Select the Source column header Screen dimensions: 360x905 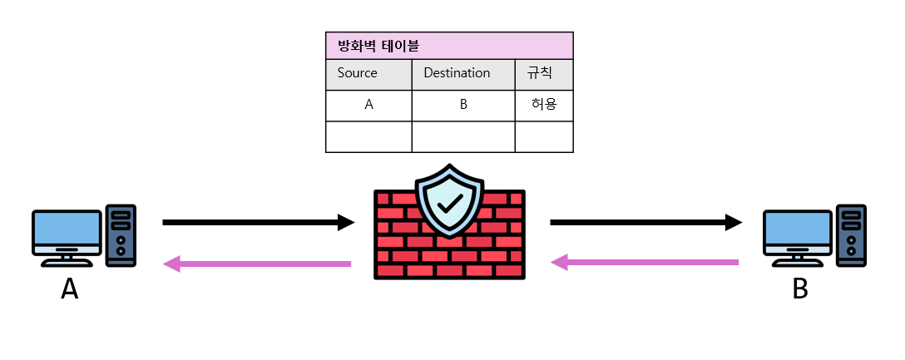coord(358,73)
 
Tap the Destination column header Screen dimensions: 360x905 coord(457,73)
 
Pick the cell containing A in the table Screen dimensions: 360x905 coord(368,106)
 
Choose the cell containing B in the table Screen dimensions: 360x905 coord(463,106)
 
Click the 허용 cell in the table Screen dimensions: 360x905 coord(544,106)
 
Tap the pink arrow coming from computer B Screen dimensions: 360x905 coord(645,263)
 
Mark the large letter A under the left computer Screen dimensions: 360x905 coord(70,288)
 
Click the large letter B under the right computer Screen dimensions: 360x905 coord(800,288)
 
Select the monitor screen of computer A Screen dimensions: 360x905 coord(67,229)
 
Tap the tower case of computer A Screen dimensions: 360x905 coord(121,235)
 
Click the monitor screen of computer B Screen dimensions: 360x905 coord(798,229)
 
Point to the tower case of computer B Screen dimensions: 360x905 coord(851,235)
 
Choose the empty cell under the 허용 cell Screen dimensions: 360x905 coord(544,136)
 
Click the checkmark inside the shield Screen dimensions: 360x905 coord(450,203)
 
